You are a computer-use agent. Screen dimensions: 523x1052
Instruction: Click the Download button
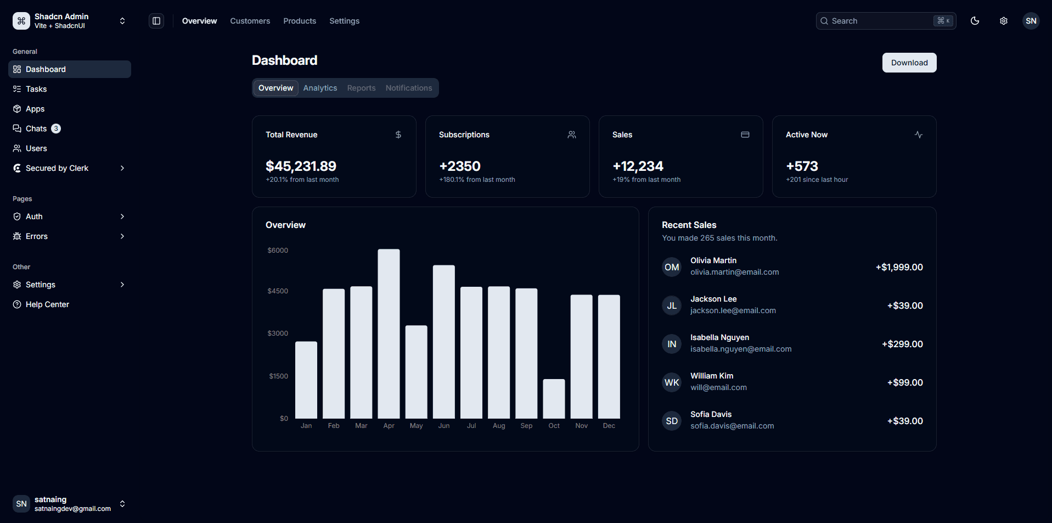[909, 63]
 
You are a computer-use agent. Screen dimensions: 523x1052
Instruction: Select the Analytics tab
[320, 88]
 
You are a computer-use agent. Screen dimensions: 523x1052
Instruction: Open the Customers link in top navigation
[250, 21]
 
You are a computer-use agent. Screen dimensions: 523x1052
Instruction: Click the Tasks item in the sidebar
[36, 89]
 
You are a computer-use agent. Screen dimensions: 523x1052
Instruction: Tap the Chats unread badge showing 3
[56, 129]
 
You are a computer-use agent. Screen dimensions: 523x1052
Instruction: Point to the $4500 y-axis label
[278, 291]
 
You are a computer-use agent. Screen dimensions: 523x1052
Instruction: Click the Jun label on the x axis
[444, 426]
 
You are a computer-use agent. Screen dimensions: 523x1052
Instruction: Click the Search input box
[878, 21]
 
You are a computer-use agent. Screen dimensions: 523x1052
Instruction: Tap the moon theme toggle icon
[975, 21]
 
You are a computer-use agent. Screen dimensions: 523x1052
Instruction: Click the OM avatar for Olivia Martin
[672, 267]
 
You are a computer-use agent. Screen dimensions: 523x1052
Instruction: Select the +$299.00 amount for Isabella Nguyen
[902, 344]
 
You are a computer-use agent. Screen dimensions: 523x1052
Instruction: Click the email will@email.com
[718, 387]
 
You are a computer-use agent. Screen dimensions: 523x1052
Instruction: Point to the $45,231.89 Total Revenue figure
[301, 166]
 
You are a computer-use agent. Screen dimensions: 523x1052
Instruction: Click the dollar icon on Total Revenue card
[398, 135]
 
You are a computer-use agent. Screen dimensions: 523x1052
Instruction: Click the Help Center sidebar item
[47, 304]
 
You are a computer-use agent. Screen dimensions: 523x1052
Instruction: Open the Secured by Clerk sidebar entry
[57, 168]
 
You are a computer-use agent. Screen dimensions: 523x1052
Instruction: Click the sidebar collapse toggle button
[156, 21]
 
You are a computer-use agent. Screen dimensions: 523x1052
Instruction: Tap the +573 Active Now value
[802, 166]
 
